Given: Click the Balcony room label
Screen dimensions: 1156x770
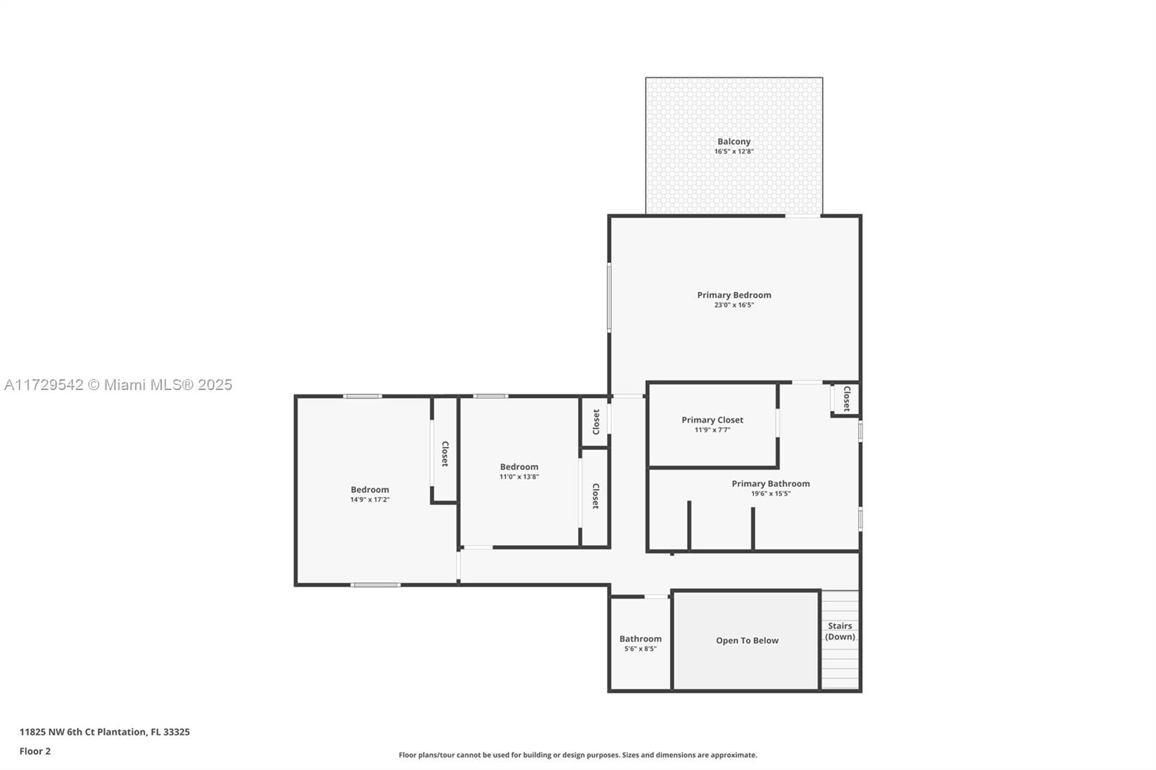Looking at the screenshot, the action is pos(734,142).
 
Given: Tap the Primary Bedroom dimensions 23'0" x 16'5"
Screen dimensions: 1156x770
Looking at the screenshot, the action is pos(734,305).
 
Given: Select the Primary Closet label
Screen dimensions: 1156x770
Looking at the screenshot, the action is pos(712,420).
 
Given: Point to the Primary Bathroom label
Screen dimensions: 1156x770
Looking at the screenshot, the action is pos(770,483).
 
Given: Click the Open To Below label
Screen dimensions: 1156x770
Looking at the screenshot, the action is pos(747,641).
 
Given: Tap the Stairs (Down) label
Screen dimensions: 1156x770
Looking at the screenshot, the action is pos(840,631).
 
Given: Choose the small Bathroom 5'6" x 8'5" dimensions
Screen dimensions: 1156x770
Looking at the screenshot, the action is pos(640,649).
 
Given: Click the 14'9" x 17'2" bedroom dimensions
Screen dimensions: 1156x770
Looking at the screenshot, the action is pos(369,500).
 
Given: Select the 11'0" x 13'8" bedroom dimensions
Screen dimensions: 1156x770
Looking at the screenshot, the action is pos(519,477).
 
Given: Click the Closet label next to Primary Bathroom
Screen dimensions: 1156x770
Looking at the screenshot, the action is pos(846,399).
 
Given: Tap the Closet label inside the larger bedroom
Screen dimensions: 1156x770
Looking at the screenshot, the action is pos(445,454).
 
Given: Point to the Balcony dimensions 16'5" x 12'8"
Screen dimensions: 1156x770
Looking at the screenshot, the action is pos(734,152).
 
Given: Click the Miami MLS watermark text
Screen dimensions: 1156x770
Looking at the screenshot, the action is pos(118,385).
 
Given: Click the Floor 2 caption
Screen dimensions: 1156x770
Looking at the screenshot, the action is pos(35,751).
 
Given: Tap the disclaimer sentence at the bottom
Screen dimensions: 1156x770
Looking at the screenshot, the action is pos(577,755).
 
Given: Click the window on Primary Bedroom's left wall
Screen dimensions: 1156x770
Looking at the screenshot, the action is pos(609,297).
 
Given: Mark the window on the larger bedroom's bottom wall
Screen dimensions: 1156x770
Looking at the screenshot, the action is pos(376,585).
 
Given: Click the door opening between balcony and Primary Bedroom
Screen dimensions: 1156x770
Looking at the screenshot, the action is pos(803,216).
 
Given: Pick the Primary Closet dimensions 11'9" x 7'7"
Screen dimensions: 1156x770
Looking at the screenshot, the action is pos(712,430).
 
